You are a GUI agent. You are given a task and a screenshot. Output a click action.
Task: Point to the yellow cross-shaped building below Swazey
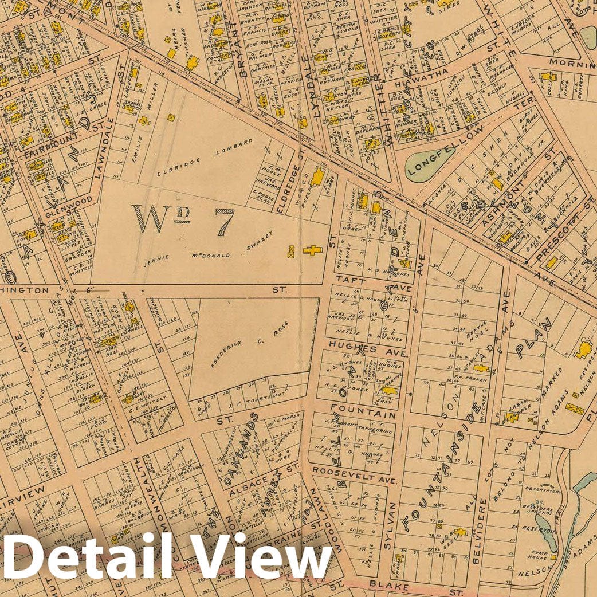(x=313, y=250)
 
